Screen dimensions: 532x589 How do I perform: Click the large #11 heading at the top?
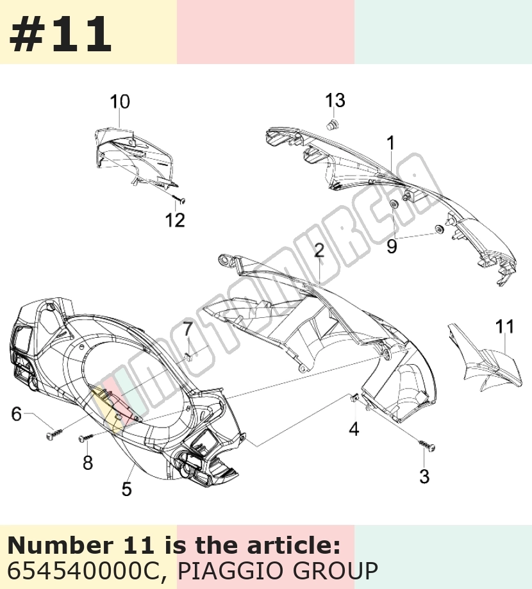(x=60, y=34)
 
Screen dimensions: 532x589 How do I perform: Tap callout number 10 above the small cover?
(x=120, y=102)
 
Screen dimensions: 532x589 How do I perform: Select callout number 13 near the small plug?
(x=335, y=100)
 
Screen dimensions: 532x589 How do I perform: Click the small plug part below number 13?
(x=333, y=124)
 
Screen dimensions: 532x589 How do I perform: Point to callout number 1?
(x=391, y=143)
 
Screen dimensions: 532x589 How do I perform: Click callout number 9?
(x=392, y=246)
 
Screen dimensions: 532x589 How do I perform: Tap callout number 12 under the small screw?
(x=175, y=220)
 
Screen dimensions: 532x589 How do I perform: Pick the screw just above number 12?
(x=179, y=199)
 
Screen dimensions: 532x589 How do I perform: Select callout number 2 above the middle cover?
(x=319, y=251)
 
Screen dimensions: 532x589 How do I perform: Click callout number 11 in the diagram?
(x=504, y=326)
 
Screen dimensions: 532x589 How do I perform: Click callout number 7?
(x=187, y=330)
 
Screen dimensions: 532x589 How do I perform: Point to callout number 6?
(x=17, y=413)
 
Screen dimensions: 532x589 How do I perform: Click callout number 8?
(x=88, y=463)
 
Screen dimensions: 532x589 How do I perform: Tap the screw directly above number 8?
(x=87, y=437)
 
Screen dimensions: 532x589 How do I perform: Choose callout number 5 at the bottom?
(x=127, y=489)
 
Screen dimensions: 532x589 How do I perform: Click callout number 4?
(x=354, y=429)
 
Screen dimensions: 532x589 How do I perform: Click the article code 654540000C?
(x=83, y=570)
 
